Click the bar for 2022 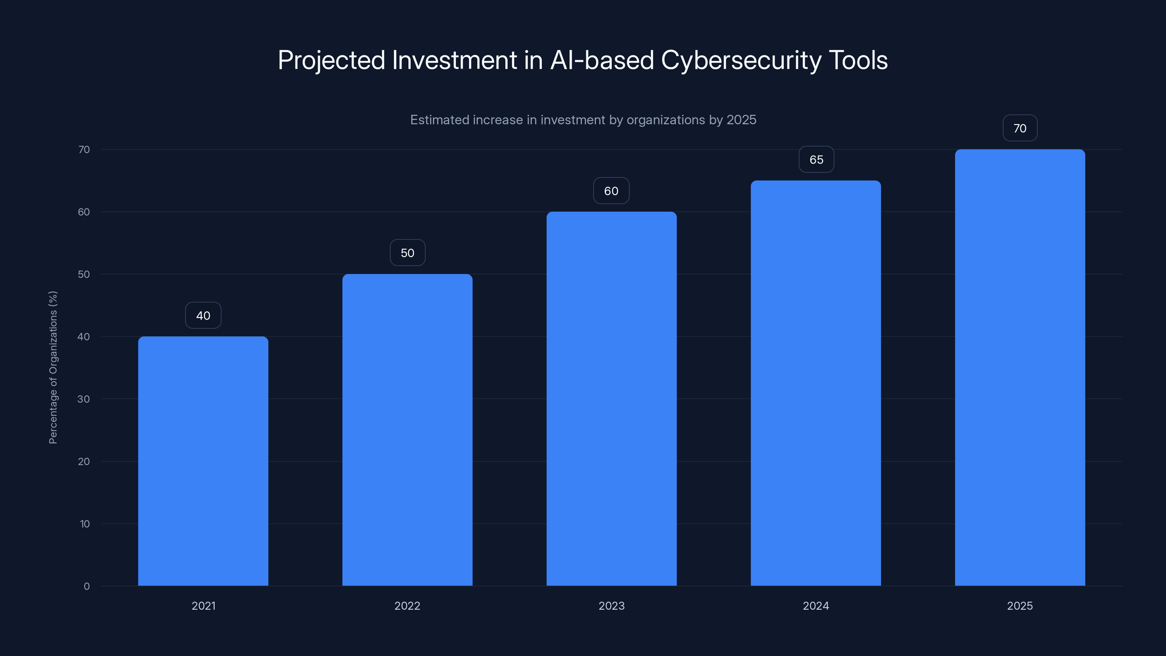(407, 430)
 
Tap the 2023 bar (611, 398)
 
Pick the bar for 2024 (816, 383)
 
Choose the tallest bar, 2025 (1020, 367)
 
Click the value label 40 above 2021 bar (203, 316)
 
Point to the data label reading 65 (816, 159)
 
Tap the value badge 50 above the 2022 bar (407, 253)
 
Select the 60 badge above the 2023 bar (611, 191)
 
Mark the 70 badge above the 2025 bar (1020, 128)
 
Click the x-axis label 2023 (611, 606)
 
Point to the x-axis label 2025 (1020, 606)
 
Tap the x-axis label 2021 (203, 606)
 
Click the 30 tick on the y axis (83, 399)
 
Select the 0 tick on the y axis (86, 586)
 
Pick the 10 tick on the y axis (85, 524)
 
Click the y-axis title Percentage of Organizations (53, 367)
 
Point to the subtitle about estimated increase (583, 120)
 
